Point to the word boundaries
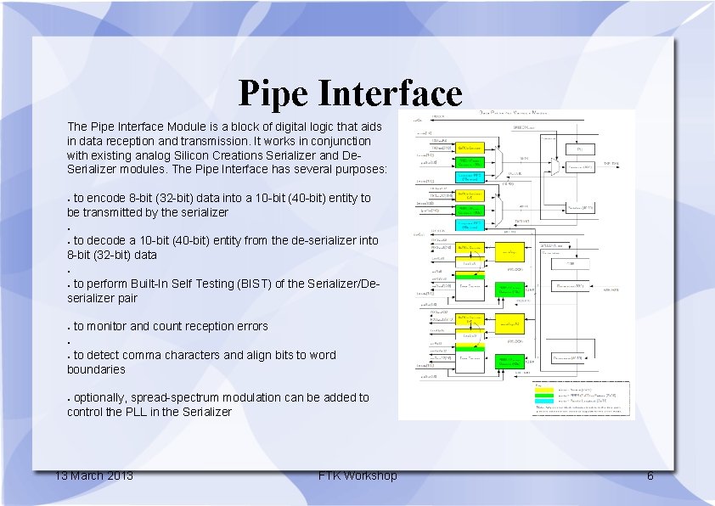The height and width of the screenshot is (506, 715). pyautogui.click(x=96, y=369)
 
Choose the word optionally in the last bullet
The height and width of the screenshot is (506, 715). pyautogui.click(x=101, y=397)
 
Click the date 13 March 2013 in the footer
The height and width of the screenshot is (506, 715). pyautogui.click(x=93, y=475)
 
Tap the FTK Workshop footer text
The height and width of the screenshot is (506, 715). pyautogui.click(x=357, y=475)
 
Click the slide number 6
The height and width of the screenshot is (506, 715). pyautogui.click(x=650, y=475)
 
